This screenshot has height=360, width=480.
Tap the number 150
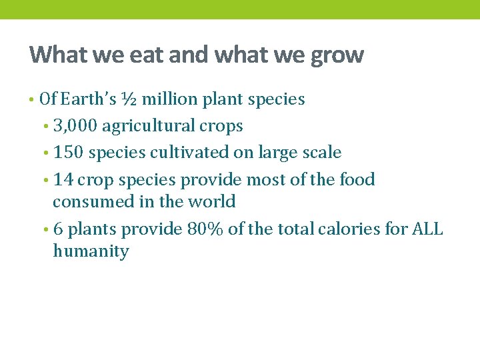pyautogui.click(x=69, y=153)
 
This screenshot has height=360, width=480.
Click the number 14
pyautogui.click(x=63, y=179)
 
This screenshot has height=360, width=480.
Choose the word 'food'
pyautogui.click(x=357, y=179)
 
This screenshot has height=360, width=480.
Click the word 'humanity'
pyautogui.click(x=91, y=251)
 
